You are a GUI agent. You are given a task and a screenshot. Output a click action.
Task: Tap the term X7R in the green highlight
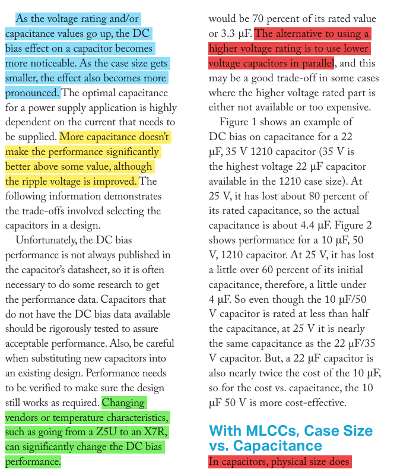(153, 432)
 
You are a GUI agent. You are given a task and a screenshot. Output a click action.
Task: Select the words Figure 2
(361, 226)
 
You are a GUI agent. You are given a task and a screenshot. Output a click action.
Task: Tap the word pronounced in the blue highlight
(31, 93)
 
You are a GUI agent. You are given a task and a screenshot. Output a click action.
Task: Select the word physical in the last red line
(296, 462)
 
